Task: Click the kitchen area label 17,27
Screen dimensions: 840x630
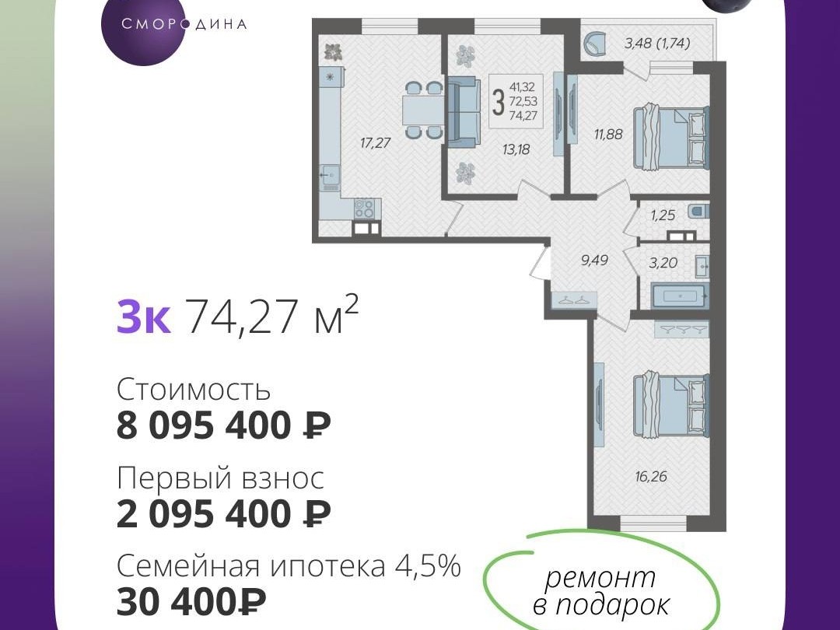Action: [375, 143]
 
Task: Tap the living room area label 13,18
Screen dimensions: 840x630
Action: [516, 149]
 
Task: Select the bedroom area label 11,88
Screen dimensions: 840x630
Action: [608, 134]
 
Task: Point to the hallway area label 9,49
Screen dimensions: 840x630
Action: [595, 261]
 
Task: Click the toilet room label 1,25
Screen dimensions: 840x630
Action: [663, 215]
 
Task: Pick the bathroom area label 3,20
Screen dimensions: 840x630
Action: [663, 263]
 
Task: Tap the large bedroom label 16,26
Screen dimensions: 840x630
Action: [652, 476]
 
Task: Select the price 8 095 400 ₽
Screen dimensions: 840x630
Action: [223, 426]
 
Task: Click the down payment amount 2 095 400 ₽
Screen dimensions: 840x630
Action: [223, 514]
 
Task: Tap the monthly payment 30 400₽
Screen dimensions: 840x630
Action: [191, 602]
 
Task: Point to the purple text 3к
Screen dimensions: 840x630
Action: [144, 317]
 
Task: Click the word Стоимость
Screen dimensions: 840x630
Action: [194, 390]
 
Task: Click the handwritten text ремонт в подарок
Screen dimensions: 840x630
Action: [601, 590]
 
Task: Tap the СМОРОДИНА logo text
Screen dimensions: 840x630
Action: [184, 25]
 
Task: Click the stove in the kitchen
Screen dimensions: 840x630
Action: [364, 208]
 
